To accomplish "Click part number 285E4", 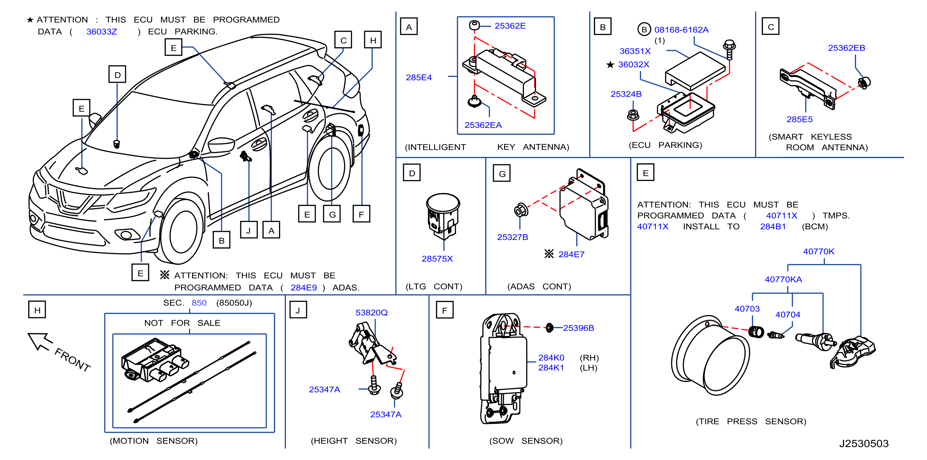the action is (x=418, y=77).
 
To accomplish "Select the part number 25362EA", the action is (x=483, y=125).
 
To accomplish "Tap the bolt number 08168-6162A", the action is (x=681, y=30).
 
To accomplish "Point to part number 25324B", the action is (x=626, y=94).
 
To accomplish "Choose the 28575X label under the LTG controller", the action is (x=437, y=259).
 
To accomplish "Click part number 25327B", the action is (x=513, y=237).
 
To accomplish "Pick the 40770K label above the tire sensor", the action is (x=819, y=252).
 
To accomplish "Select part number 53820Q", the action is (x=371, y=313).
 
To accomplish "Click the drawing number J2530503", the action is (x=864, y=444).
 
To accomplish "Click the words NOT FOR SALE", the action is (x=182, y=323).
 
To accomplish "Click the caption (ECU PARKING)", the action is (x=665, y=145).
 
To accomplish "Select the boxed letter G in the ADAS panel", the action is (x=502, y=174).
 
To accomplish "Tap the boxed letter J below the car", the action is (x=249, y=230).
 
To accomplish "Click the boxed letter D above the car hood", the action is (x=117, y=74).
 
